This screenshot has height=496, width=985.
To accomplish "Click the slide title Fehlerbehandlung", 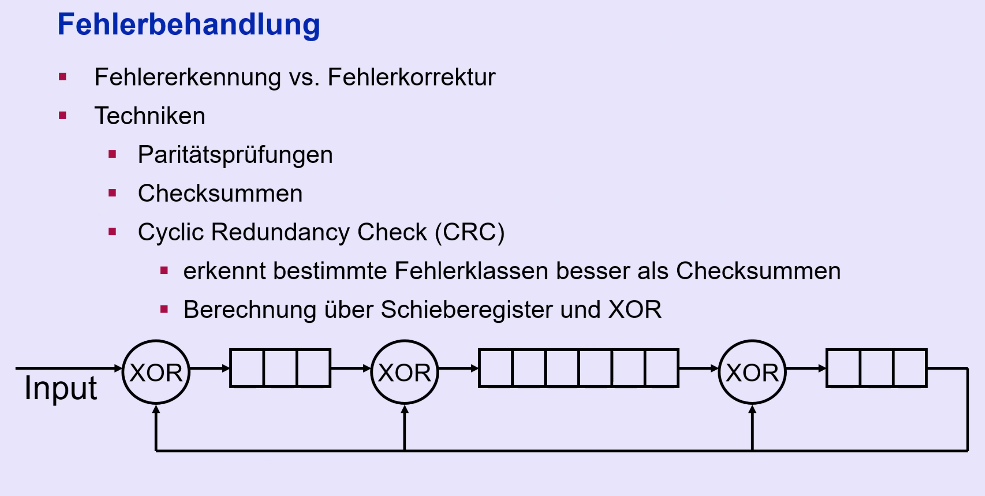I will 189,24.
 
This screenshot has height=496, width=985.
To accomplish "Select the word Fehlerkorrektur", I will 411,77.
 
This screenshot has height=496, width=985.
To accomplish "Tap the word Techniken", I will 150,116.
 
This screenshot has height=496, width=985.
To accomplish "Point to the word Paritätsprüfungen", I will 235,155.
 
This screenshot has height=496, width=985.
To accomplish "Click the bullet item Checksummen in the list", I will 220,193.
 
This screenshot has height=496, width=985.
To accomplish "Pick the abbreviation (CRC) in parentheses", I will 469,232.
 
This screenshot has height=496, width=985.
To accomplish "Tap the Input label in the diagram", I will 61,388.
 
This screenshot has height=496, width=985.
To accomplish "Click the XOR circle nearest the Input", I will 156,372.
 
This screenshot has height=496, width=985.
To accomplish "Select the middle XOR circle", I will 404,372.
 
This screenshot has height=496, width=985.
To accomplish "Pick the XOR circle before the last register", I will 752,372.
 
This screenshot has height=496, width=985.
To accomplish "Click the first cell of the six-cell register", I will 496,368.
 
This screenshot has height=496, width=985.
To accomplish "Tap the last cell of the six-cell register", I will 662,368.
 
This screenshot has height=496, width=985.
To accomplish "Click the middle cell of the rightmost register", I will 877,368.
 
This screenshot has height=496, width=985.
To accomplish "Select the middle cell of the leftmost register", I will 280,368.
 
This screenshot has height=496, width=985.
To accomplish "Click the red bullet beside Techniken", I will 63,115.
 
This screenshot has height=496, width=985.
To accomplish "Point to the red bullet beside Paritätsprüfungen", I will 112,154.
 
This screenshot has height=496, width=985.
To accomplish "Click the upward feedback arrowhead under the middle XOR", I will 405,410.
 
